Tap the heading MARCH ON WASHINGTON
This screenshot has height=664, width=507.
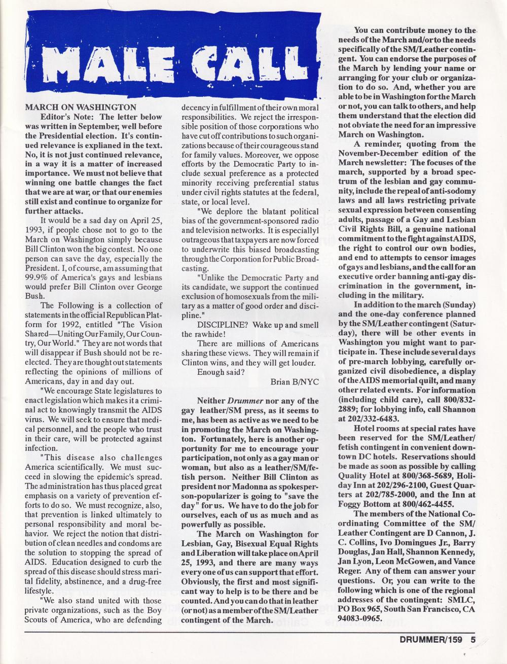click(x=80, y=108)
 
